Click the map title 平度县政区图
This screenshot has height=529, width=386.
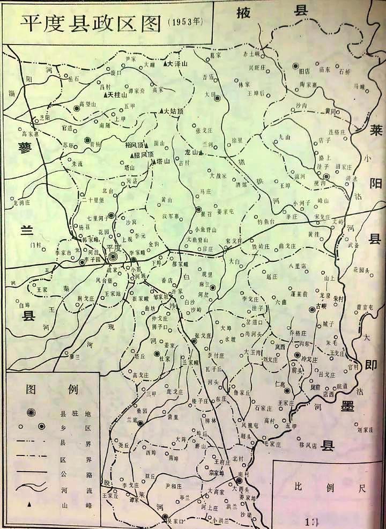point(91,22)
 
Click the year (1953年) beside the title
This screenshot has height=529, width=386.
point(185,22)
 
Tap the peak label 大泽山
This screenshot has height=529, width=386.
point(179,63)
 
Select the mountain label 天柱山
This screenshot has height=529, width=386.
point(116,95)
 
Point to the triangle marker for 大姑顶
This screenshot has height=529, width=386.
point(160,112)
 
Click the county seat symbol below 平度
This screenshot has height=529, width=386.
point(113,256)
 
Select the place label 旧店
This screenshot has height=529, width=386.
point(305,70)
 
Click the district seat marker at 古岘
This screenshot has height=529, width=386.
point(313,309)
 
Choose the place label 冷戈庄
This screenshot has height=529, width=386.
point(309,359)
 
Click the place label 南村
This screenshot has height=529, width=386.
point(243,474)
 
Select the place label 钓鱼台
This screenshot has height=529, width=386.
point(265,221)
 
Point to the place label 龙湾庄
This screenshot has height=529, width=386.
point(23,203)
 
